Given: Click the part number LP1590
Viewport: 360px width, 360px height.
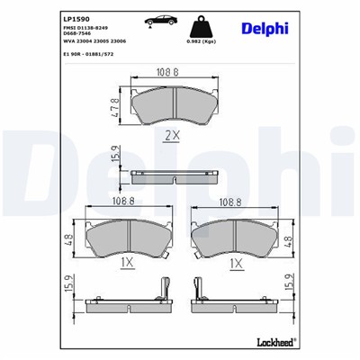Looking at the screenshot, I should tap(52, 16).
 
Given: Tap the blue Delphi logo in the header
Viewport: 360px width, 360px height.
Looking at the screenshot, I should tap(264, 29).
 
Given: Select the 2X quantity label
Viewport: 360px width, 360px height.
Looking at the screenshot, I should tap(174, 136).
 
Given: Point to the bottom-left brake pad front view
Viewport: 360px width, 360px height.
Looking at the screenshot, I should tap(129, 238).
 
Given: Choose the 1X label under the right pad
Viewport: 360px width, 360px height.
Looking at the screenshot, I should tap(236, 263).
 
